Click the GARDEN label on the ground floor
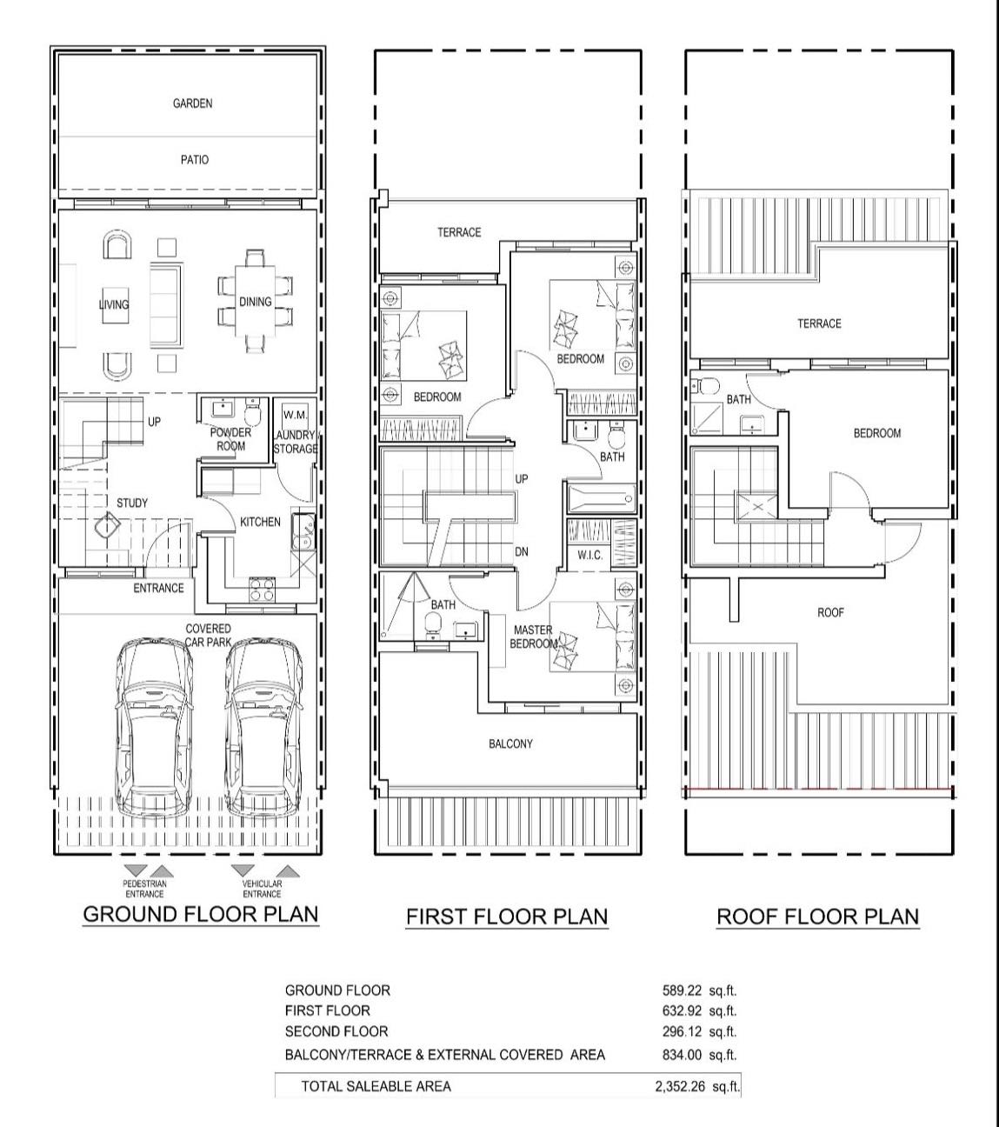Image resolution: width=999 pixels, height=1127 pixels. [x=192, y=103]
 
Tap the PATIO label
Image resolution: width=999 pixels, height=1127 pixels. [x=195, y=160]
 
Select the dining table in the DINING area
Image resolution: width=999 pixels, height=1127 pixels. [x=256, y=302]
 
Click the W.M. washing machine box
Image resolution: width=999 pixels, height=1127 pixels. [x=295, y=416]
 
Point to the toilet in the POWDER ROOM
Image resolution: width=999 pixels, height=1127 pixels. [x=252, y=411]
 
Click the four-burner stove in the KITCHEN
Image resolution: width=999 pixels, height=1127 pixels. [x=262, y=589]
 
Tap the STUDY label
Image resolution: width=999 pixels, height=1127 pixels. [x=132, y=503]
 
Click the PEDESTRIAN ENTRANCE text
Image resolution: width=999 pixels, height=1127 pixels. [x=144, y=889]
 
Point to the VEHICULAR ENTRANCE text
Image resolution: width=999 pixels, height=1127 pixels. [x=262, y=889]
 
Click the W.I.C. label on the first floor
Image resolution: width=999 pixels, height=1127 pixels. [x=589, y=555]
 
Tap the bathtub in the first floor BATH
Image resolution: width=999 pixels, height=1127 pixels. [x=602, y=498]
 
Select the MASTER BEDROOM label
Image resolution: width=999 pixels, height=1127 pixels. [x=534, y=637]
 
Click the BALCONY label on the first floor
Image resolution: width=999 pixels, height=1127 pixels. [x=510, y=744]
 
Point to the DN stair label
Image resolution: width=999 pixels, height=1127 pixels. [x=521, y=552]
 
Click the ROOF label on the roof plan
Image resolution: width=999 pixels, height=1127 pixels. [x=830, y=612]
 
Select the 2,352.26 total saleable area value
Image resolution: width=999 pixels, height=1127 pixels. [x=680, y=1086]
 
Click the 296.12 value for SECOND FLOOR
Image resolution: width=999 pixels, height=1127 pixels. [x=682, y=1031]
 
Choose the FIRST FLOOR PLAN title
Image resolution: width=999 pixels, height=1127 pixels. [x=507, y=917]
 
